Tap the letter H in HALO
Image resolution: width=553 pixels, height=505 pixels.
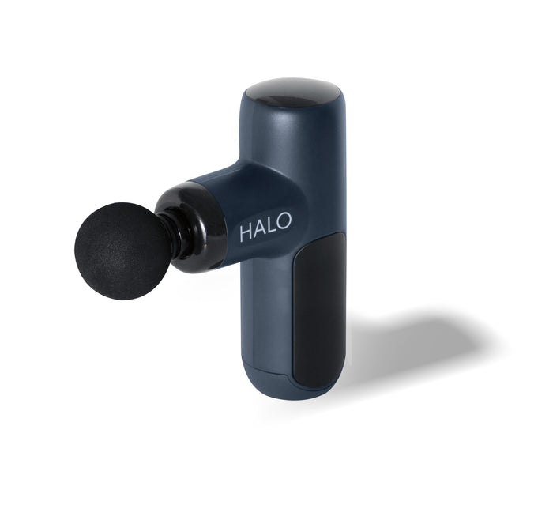(246, 232)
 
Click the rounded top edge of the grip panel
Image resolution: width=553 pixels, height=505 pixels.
(324, 237)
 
